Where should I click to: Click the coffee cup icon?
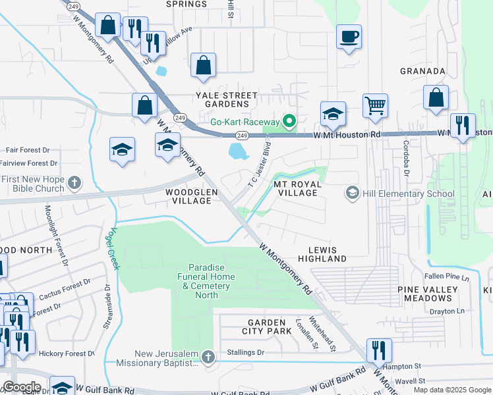(x=349, y=36)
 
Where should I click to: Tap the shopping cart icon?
(x=375, y=105)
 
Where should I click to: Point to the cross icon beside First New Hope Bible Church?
(x=74, y=182)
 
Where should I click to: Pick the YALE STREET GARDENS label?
(x=226, y=99)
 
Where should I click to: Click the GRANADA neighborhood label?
(x=422, y=71)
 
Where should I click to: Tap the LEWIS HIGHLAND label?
(x=327, y=254)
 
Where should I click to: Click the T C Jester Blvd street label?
(x=260, y=162)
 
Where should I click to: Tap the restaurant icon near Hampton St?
(x=379, y=350)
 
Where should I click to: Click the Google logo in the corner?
(x=22, y=387)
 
